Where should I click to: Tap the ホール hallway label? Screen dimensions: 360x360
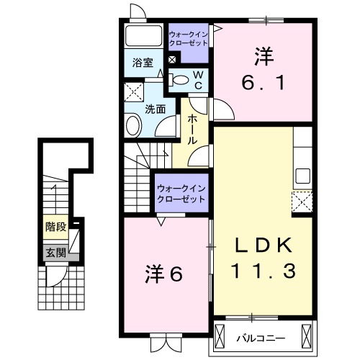click(x=192, y=130)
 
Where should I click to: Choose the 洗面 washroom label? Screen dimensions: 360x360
click(x=155, y=109)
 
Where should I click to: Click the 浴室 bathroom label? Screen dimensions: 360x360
click(x=142, y=63)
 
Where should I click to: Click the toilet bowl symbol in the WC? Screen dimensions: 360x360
click(x=180, y=80)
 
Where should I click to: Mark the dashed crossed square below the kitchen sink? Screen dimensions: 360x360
click(x=302, y=201)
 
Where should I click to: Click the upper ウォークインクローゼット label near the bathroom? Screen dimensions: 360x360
click(x=189, y=38)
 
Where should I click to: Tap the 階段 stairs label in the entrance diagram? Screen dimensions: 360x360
click(x=56, y=227)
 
